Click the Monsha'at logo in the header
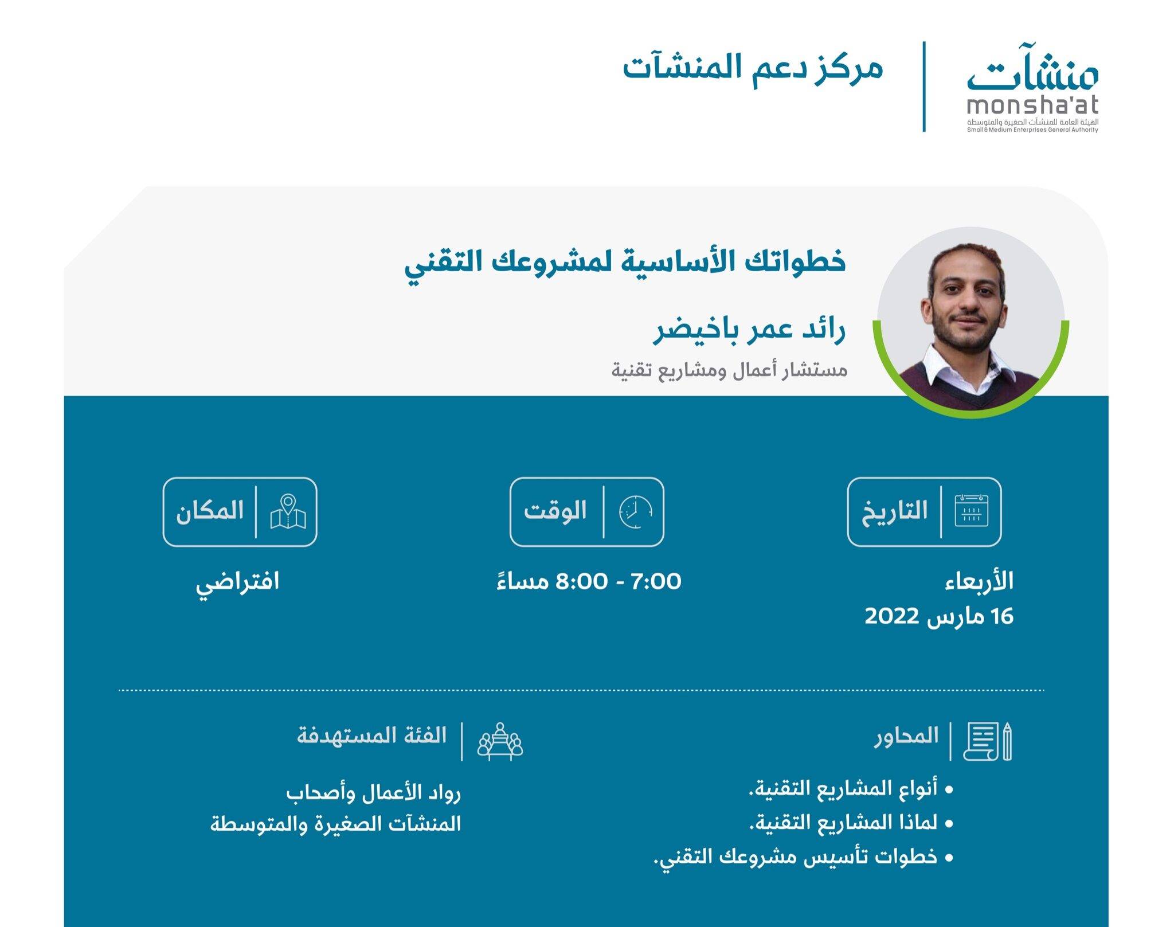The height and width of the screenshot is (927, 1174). tap(1032, 92)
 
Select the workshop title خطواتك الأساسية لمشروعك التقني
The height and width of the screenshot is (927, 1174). tap(625, 262)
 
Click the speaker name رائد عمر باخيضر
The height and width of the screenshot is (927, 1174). tap(750, 331)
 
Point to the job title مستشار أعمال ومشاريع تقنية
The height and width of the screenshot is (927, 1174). tap(729, 370)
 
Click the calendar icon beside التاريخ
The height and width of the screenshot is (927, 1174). tap(972, 510)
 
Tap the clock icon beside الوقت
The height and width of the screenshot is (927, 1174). tap(635, 511)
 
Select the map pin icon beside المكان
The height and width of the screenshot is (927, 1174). tap(288, 511)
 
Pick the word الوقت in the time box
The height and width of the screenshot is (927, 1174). tap(555, 510)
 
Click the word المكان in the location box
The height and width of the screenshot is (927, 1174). tap(210, 510)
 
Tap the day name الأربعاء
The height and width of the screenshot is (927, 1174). tap(979, 581)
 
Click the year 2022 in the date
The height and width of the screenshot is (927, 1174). tap(892, 616)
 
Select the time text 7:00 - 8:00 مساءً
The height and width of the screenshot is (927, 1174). tap(589, 581)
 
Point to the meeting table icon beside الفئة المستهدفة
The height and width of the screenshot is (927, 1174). tap(500, 741)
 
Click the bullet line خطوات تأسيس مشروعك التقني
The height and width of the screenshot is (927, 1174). tap(803, 858)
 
